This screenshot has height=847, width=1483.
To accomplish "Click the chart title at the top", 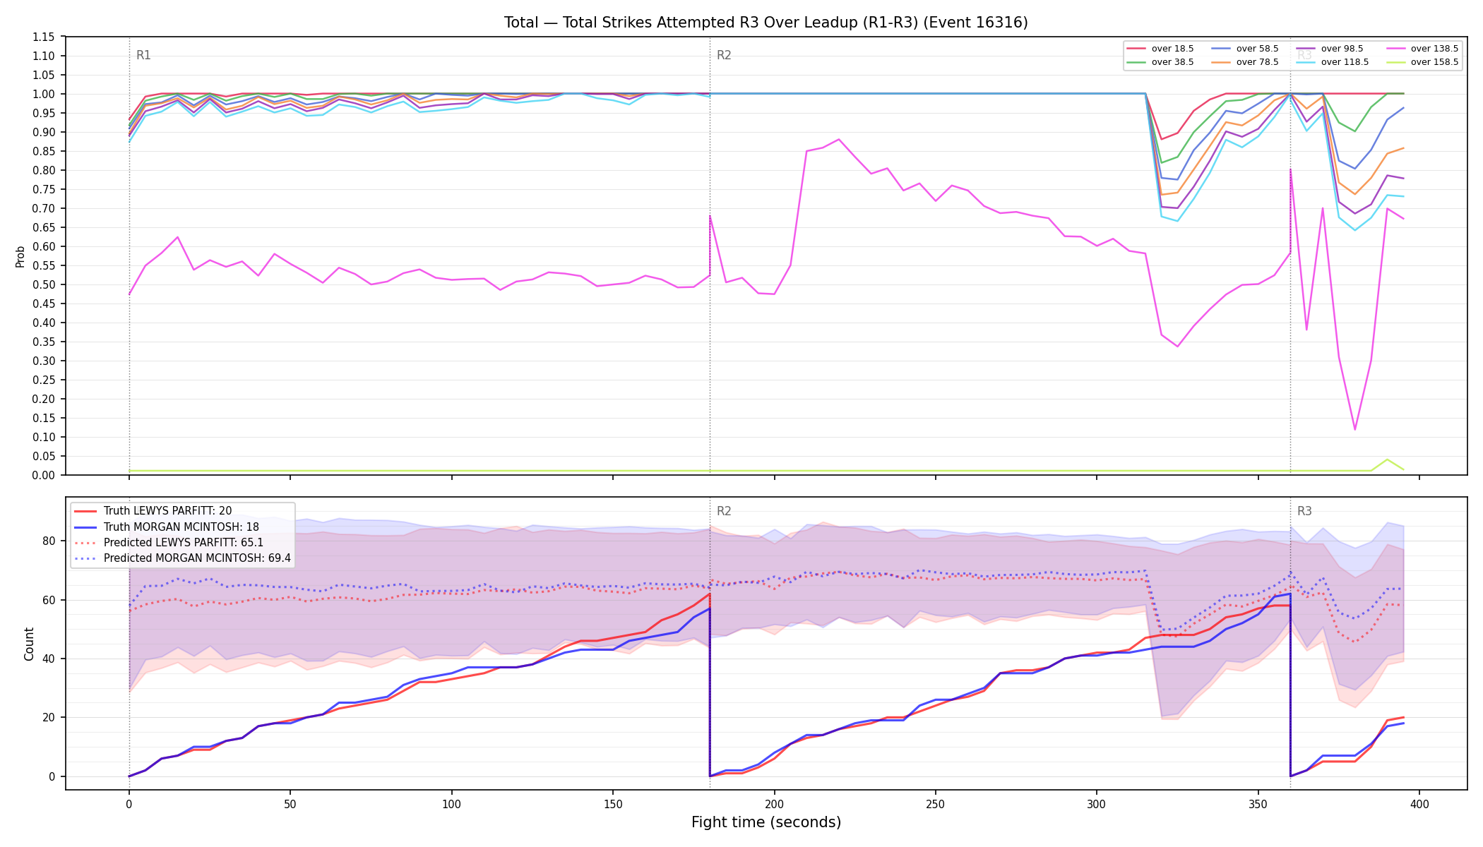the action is tap(766, 23).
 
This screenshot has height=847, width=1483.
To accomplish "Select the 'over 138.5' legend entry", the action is tap(1422, 49).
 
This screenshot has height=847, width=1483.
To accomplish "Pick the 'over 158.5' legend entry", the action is tap(1422, 62).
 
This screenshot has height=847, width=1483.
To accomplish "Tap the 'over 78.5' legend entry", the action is tap(1245, 62).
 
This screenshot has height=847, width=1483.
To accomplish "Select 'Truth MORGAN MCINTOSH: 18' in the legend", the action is tap(166, 527).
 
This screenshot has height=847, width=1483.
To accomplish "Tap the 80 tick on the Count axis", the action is tap(48, 541).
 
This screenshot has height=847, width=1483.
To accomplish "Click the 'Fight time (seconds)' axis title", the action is tap(766, 822).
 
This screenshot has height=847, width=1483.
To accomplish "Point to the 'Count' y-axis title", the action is tap(29, 644).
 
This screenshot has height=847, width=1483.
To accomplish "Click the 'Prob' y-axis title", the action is tap(20, 256).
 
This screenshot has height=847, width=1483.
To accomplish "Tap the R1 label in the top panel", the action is tap(143, 55).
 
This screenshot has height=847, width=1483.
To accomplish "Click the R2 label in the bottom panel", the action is tap(724, 511).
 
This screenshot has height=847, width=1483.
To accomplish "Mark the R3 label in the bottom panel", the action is tap(1304, 511).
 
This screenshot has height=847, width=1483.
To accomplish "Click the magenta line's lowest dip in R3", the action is tap(1354, 429).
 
